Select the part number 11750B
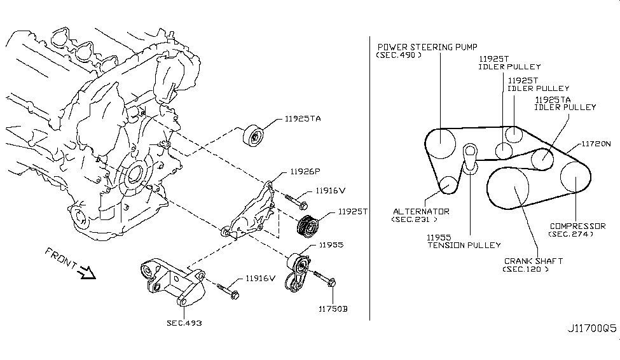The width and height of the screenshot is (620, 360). click(334, 310)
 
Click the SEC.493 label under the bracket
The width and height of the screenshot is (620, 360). click(184, 323)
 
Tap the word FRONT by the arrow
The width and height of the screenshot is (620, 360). click(61, 258)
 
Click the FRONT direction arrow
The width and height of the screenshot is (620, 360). click(85, 273)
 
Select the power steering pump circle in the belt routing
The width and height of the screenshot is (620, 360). click(443, 144)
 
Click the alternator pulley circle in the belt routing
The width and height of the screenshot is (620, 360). click(448, 185)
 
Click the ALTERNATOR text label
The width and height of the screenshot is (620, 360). click(420, 211)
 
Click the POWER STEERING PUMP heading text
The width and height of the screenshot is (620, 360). click(427, 47)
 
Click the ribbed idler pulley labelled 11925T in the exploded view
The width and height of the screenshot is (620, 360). click(310, 226)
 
